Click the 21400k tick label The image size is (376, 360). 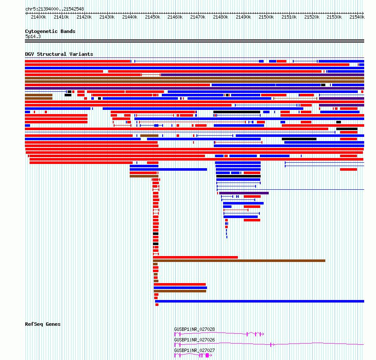pos(38,17)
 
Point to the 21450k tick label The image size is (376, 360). pos(153,17)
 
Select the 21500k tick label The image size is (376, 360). pos(266,17)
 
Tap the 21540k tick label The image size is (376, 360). pos(357,17)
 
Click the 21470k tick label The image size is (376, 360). pos(198,17)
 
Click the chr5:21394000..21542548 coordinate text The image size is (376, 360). pos(54,9)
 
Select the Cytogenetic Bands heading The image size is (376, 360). pos(50,31)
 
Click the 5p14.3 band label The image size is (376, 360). pos(33,37)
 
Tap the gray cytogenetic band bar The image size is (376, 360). pos(194,41)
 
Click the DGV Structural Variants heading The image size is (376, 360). pos(59,54)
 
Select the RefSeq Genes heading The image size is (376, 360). pos(43,324)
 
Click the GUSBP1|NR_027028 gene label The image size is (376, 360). pos(194,329)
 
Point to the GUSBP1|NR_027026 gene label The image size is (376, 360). pos(194,340)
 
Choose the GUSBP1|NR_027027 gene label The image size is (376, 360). pos(194,350)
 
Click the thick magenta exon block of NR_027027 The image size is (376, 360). pos(207,355)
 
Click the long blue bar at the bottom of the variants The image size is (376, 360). pos(259,301)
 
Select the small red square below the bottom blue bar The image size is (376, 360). pos(157,305)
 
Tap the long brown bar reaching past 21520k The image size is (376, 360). pos(239,261)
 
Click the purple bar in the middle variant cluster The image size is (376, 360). pos(244,193)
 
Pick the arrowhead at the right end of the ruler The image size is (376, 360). pos(363,13)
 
